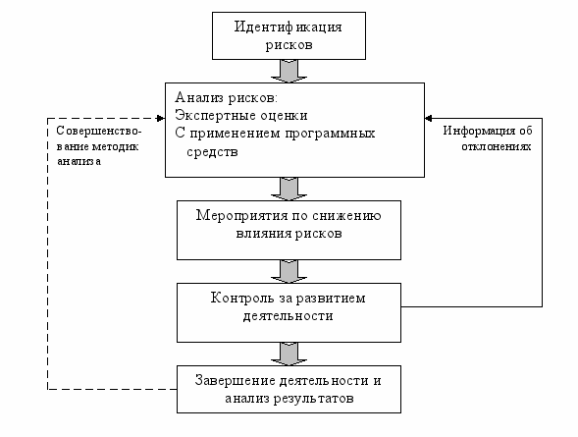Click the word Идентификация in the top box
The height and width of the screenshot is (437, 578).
pyautogui.click(x=288, y=27)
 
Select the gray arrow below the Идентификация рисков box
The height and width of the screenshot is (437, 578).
pyautogui.click(x=289, y=71)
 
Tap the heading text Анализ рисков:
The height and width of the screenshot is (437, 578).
pyautogui.click(x=226, y=98)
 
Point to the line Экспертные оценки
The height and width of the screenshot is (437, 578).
pyautogui.click(x=241, y=116)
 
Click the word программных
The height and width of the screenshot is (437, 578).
pyautogui.click(x=330, y=134)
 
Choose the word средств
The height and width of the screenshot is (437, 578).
pyautogui.click(x=212, y=152)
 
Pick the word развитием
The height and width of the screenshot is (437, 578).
pyautogui.click(x=331, y=299)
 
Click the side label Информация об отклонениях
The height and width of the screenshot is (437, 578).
pyautogui.click(x=488, y=138)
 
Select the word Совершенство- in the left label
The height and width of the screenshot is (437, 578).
pyautogui.click(x=99, y=131)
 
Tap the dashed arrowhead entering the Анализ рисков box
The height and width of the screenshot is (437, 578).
pyautogui.click(x=161, y=119)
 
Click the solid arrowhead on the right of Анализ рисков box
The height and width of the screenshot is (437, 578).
pyautogui.click(x=428, y=119)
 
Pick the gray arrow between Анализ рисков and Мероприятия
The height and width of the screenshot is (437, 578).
pyautogui.click(x=289, y=190)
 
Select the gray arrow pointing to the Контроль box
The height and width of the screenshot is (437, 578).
pyautogui.click(x=289, y=272)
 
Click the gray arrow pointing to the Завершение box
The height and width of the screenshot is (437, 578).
pyautogui.click(x=289, y=355)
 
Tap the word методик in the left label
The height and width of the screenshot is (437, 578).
pyautogui.click(x=115, y=146)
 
